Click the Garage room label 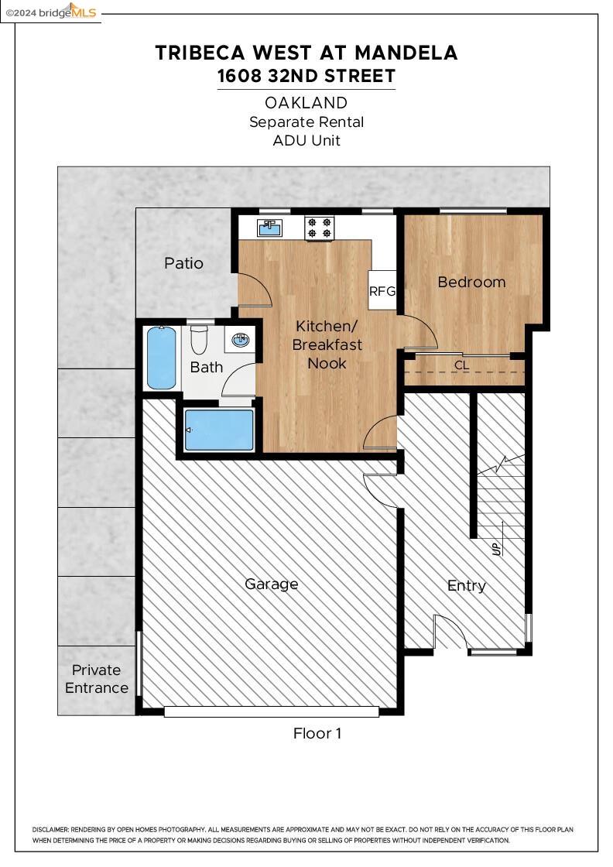tap(272, 584)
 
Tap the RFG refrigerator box tap(382, 290)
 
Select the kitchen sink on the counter tap(270, 228)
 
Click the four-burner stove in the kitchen tap(320, 228)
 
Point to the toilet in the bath tap(198, 340)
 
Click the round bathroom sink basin tap(241, 340)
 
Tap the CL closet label tap(461, 365)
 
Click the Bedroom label tap(471, 282)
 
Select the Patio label tap(183, 263)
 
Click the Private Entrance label tap(97, 679)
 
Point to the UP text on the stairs tap(496, 549)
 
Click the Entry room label tap(467, 586)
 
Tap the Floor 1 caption tap(317, 733)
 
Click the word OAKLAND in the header tap(306, 103)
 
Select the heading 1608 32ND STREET tap(306, 76)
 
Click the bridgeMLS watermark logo tap(51, 12)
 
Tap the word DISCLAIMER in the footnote tap(50, 829)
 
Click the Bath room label tap(206, 367)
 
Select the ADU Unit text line tap(306, 140)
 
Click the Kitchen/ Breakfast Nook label tap(327, 344)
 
